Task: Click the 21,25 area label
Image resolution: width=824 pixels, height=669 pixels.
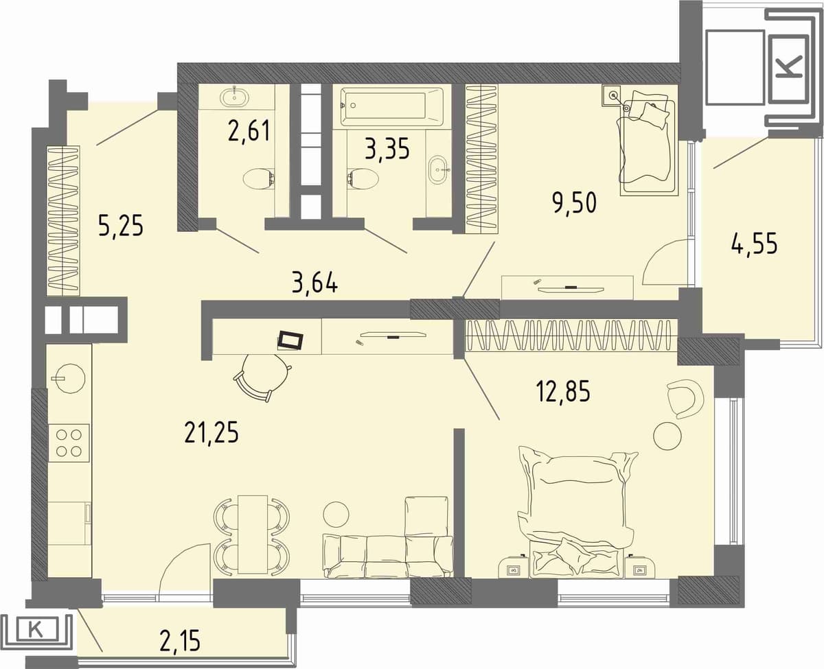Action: click(211, 434)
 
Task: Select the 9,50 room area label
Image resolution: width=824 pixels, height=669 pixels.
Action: click(575, 203)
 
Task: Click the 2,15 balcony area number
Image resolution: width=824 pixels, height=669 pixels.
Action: click(181, 640)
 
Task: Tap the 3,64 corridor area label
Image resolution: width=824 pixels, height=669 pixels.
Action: click(315, 283)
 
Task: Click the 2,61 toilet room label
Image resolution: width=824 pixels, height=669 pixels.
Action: click(249, 131)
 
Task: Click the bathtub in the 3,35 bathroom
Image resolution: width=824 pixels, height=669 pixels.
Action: click(391, 106)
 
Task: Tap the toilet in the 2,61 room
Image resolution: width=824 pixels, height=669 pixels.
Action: click(258, 179)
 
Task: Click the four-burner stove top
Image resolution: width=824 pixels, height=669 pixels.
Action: click(69, 443)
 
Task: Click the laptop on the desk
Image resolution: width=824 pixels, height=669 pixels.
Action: click(290, 341)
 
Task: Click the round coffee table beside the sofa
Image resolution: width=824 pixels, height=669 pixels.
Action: click(336, 515)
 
